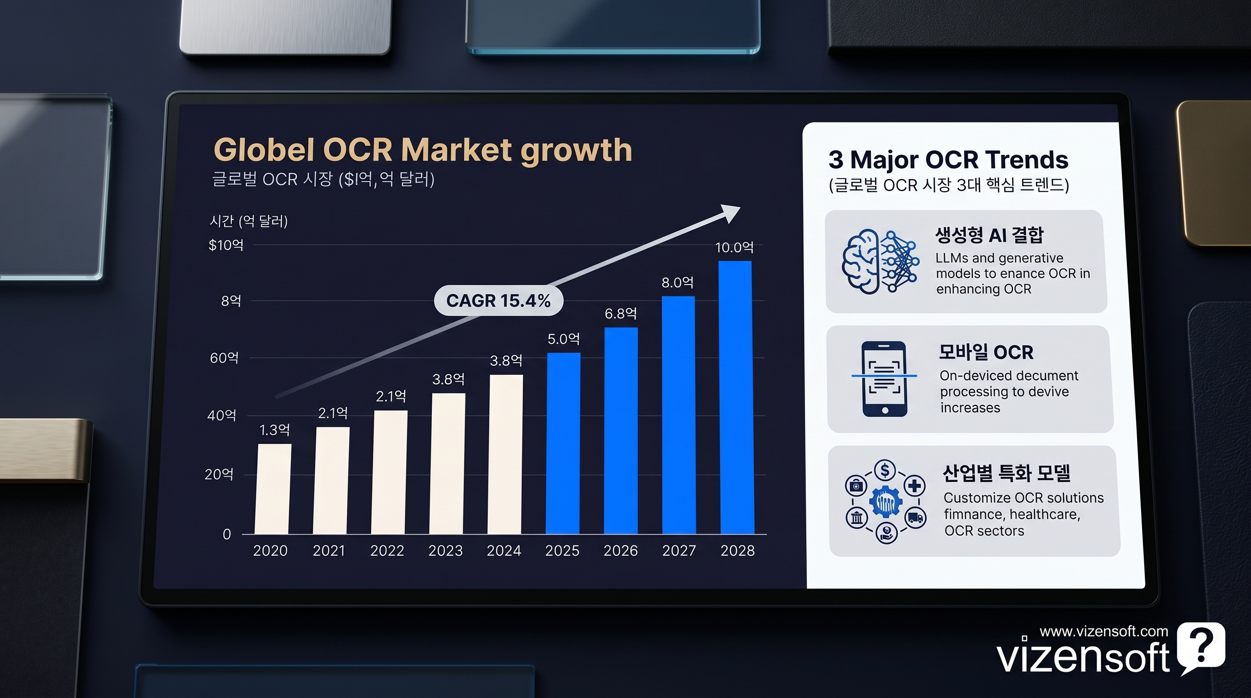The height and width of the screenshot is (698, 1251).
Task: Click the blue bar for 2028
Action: [x=736, y=397]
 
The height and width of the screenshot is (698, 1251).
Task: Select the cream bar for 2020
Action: [x=273, y=489]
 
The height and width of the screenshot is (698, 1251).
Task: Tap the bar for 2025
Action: [x=563, y=443]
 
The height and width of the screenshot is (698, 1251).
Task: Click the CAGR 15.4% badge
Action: [x=498, y=301]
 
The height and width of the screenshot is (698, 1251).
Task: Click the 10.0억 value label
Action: [x=734, y=248]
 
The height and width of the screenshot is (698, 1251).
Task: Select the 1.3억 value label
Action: [x=275, y=430]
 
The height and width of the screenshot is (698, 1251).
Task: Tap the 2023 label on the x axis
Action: [x=445, y=550]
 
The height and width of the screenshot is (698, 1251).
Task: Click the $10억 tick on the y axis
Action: [x=226, y=245]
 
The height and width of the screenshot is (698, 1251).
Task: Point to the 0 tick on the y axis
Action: [x=227, y=534]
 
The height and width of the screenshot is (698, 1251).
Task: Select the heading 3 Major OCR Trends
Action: [x=948, y=160]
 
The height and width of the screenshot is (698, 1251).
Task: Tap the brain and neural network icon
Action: [x=880, y=261]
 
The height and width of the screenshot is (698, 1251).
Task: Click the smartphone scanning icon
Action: [x=884, y=379]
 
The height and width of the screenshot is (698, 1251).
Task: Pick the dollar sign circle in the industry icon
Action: [x=885, y=470]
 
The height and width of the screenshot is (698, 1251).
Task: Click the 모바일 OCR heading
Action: [x=986, y=352]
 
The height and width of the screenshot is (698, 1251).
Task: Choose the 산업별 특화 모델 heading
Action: [x=1006, y=473]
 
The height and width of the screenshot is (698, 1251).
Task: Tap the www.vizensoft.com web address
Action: [x=1104, y=631]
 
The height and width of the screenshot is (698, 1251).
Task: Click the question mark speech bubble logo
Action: [x=1201, y=648]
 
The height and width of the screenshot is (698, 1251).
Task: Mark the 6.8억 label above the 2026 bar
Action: [x=620, y=314]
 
